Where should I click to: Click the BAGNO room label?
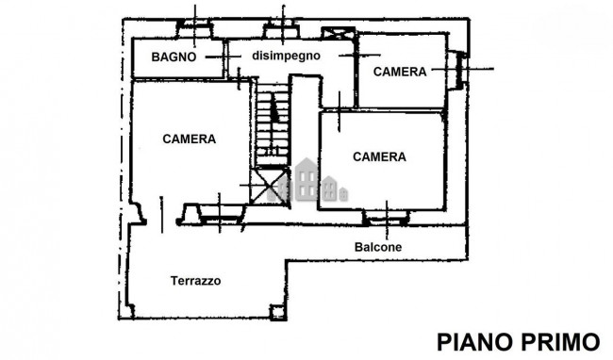click(x=174, y=57)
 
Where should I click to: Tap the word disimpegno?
click(x=287, y=56)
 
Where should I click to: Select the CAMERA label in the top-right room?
click(x=399, y=71)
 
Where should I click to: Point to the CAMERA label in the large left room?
click(x=189, y=139)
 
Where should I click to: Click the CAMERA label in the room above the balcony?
click(x=379, y=157)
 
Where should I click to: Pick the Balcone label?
click(x=378, y=247)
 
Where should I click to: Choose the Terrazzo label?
click(x=195, y=281)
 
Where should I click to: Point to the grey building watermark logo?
click(x=308, y=181)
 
